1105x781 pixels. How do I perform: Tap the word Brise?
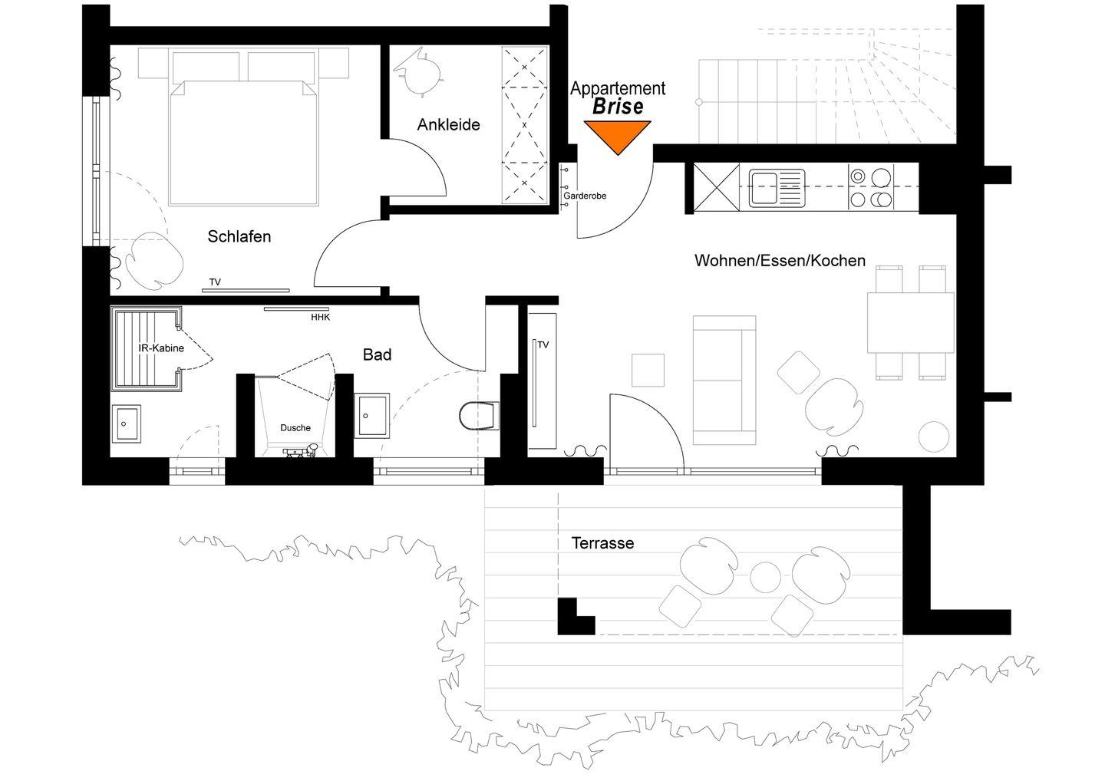pyautogui.click(x=618, y=107)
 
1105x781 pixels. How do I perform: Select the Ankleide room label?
pyautogui.click(x=448, y=125)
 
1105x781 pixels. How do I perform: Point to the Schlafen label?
pyautogui.click(x=239, y=236)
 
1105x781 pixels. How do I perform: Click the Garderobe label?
pyautogui.click(x=585, y=196)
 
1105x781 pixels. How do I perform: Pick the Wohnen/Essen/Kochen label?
pyautogui.click(x=780, y=260)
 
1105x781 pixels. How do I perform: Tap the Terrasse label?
pyautogui.click(x=602, y=543)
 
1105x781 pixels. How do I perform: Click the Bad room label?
pyautogui.click(x=377, y=354)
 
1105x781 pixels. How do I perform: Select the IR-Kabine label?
pyautogui.click(x=161, y=348)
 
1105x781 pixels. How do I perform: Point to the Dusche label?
pyautogui.click(x=295, y=428)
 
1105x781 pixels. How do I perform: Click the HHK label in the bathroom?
pyautogui.click(x=320, y=317)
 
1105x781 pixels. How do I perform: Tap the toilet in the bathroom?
pyautogui.click(x=479, y=416)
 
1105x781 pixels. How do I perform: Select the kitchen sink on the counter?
pyautogui.click(x=777, y=189)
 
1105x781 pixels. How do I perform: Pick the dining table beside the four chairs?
pyautogui.click(x=911, y=323)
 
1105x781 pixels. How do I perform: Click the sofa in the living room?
pyautogui.click(x=724, y=381)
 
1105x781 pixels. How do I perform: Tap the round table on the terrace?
pyautogui.click(x=765, y=577)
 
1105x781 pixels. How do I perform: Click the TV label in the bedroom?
pyautogui.click(x=215, y=282)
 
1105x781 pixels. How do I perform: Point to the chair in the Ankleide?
pyautogui.click(x=418, y=72)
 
